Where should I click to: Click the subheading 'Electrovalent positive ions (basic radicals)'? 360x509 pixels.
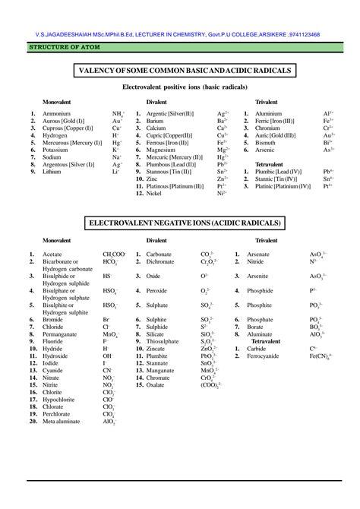[x=179, y=87]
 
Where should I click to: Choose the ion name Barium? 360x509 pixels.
[x=155, y=120]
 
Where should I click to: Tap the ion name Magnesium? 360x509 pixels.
[x=162, y=150]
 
